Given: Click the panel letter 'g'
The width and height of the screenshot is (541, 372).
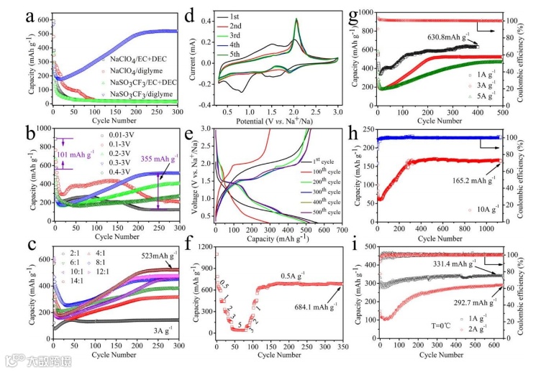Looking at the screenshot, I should (x=354, y=11).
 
